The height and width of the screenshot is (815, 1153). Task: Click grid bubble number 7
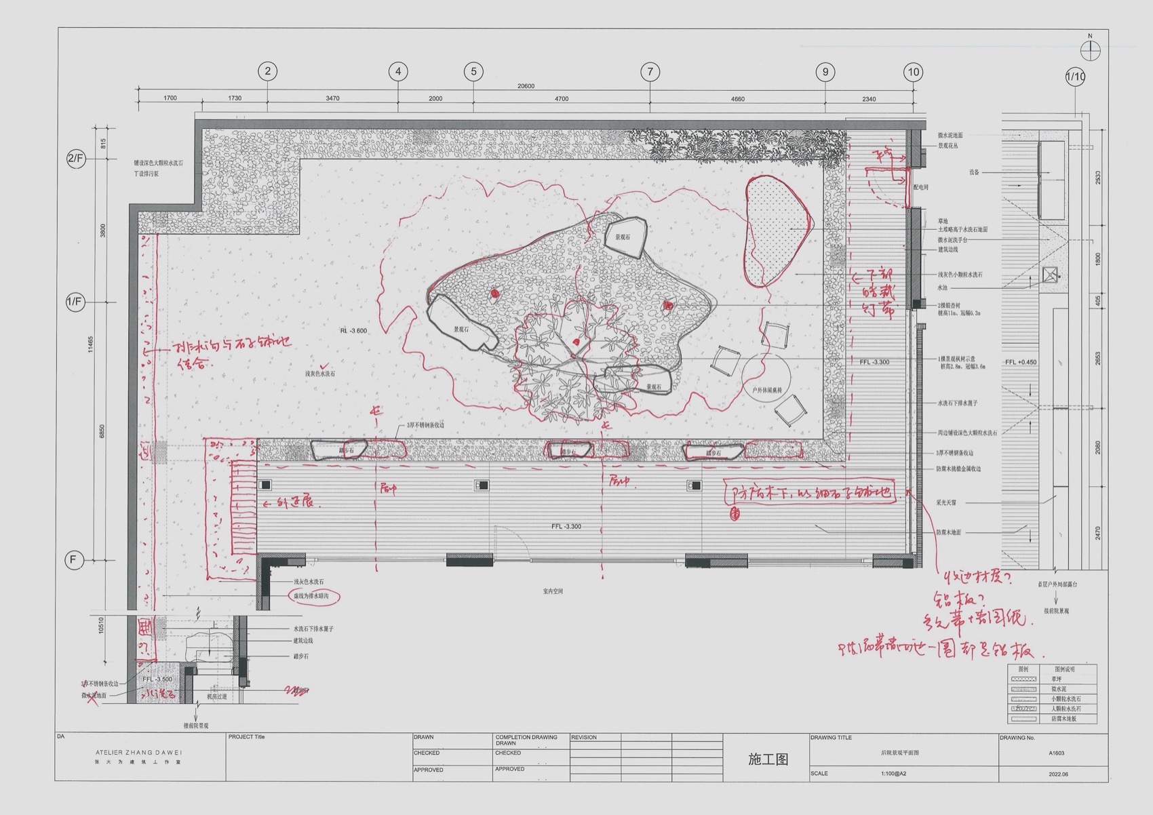[650, 71]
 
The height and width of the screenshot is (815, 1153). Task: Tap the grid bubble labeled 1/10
[1076, 77]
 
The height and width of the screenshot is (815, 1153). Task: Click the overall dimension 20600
[526, 86]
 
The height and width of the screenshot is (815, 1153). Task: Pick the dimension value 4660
[737, 99]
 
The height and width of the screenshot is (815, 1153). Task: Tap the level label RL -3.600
[353, 331]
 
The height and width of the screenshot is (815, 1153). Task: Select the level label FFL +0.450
[1021, 362]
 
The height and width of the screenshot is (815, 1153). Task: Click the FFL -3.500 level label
[157, 679]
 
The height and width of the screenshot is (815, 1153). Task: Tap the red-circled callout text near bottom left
[315, 596]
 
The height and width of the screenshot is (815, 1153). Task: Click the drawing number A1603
[1056, 753]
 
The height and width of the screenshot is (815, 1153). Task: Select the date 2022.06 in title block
[1057, 774]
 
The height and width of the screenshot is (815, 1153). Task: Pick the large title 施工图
[768, 759]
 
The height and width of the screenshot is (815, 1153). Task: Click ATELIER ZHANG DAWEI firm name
[139, 753]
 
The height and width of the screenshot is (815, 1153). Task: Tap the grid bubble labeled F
[73, 560]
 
